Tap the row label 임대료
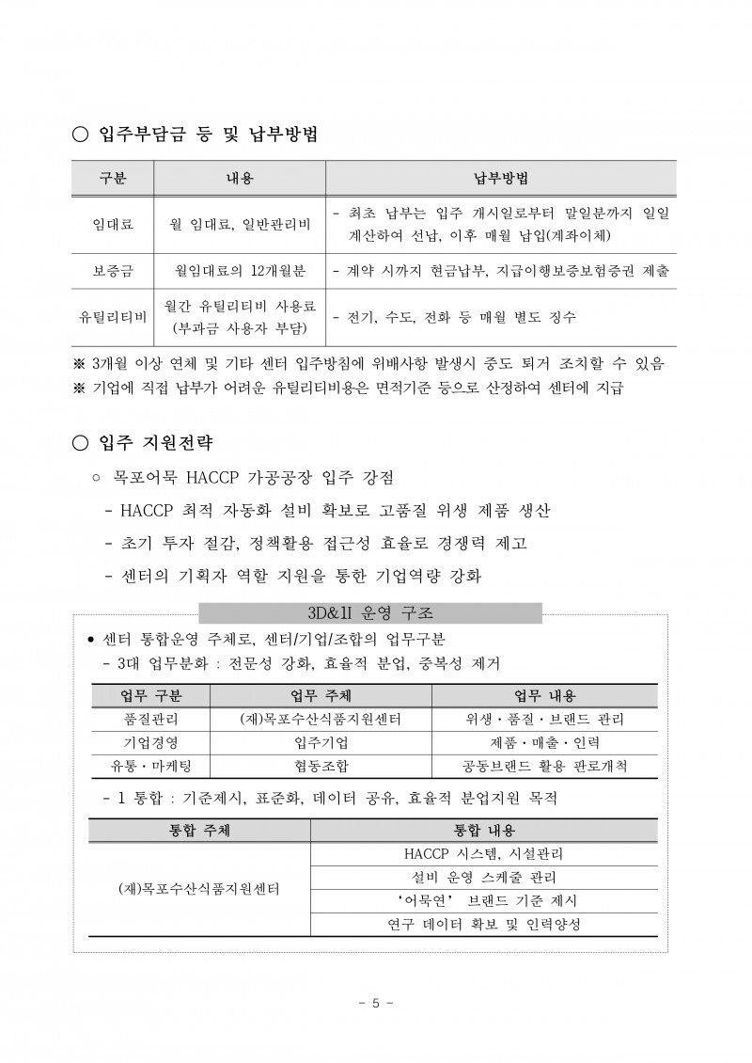112,225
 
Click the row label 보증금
112,271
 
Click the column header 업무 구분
151,696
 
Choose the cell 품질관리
151,720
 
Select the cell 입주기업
321,743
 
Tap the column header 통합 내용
483,831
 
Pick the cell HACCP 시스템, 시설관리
483,854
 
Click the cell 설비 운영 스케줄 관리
483,878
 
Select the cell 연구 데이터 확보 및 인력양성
483,925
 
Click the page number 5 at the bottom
376,1003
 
